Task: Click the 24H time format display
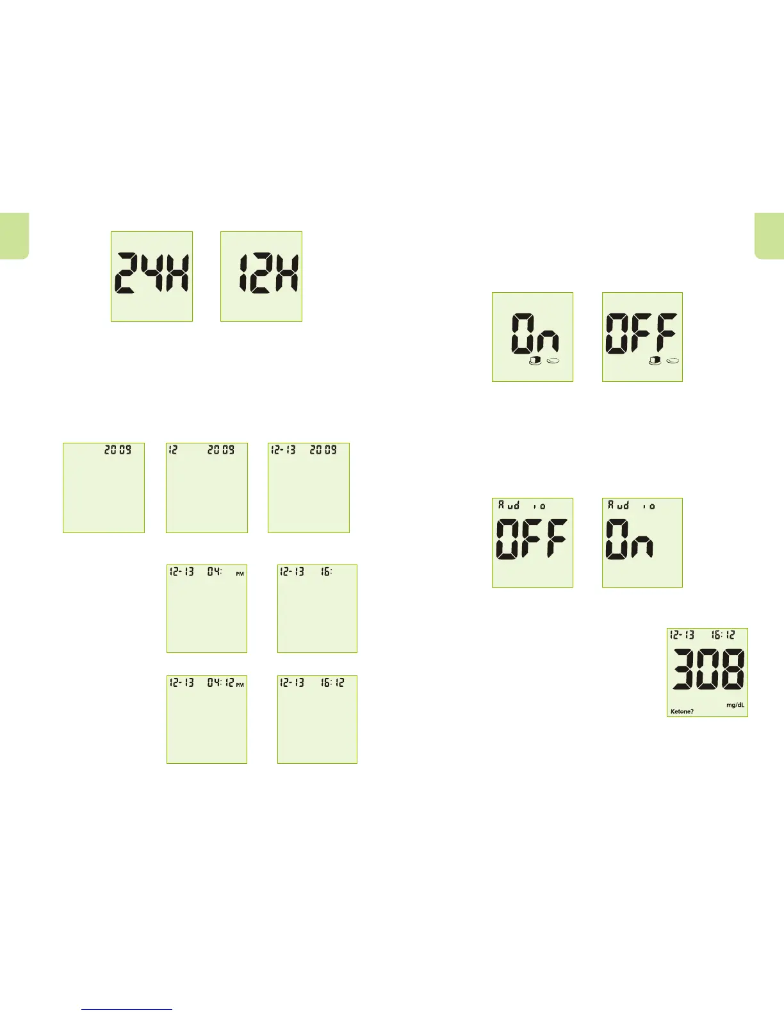point(152,276)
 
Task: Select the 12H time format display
point(261,276)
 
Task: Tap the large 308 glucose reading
point(708,670)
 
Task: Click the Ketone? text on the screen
point(682,711)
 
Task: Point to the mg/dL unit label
point(735,705)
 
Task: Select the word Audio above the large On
point(632,506)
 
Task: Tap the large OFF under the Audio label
point(532,539)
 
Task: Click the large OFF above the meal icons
point(642,333)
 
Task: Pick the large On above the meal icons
point(535,333)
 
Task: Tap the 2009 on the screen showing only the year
point(118,450)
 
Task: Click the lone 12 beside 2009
point(172,450)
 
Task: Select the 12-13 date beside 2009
point(283,450)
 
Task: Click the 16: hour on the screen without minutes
point(327,571)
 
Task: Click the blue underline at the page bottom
point(127,1009)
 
